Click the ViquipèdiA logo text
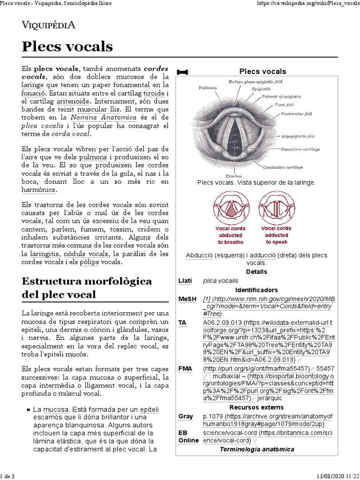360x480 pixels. (49, 25)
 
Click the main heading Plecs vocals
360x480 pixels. (67, 46)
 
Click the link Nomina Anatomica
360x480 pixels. (104, 117)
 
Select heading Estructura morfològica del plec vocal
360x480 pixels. (87, 287)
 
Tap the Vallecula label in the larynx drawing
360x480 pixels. (208, 87)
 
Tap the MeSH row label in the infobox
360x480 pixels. (186, 299)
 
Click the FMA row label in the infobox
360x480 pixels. (185, 368)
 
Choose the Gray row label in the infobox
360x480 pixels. (186, 416)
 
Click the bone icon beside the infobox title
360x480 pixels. (182, 72)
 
